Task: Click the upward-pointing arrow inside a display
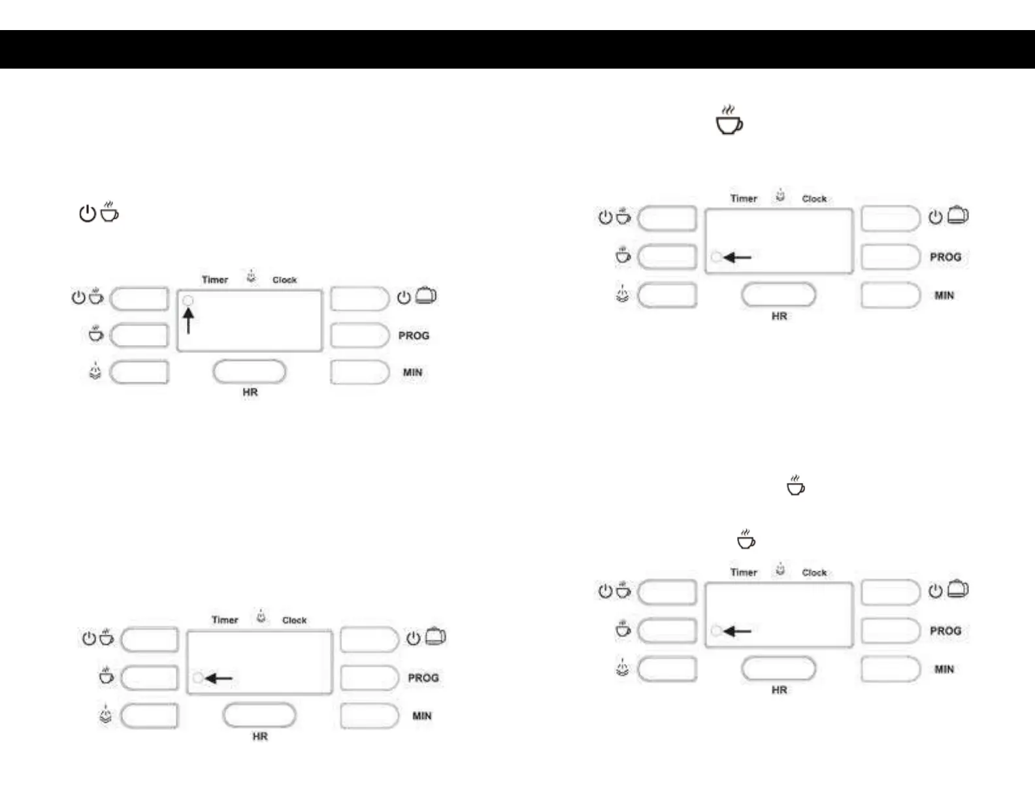point(188,321)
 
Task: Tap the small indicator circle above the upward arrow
point(188,301)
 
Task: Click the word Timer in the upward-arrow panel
point(215,280)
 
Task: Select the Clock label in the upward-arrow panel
point(284,280)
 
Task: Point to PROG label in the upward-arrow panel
point(414,335)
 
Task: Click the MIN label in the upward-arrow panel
point(412,373)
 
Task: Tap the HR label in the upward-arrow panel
point(250,392)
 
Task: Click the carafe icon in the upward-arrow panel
point(425,295)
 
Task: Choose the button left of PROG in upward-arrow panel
point(359,335)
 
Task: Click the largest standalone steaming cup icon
point(729,121)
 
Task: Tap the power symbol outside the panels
point(88,214)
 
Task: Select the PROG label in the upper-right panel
point(945,257)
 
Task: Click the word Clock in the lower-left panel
point(294,620)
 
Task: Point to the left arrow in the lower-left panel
point(219,678)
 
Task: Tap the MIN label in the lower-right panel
point(944,669)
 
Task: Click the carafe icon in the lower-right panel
point(957,589)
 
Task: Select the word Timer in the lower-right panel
point(744,573)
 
